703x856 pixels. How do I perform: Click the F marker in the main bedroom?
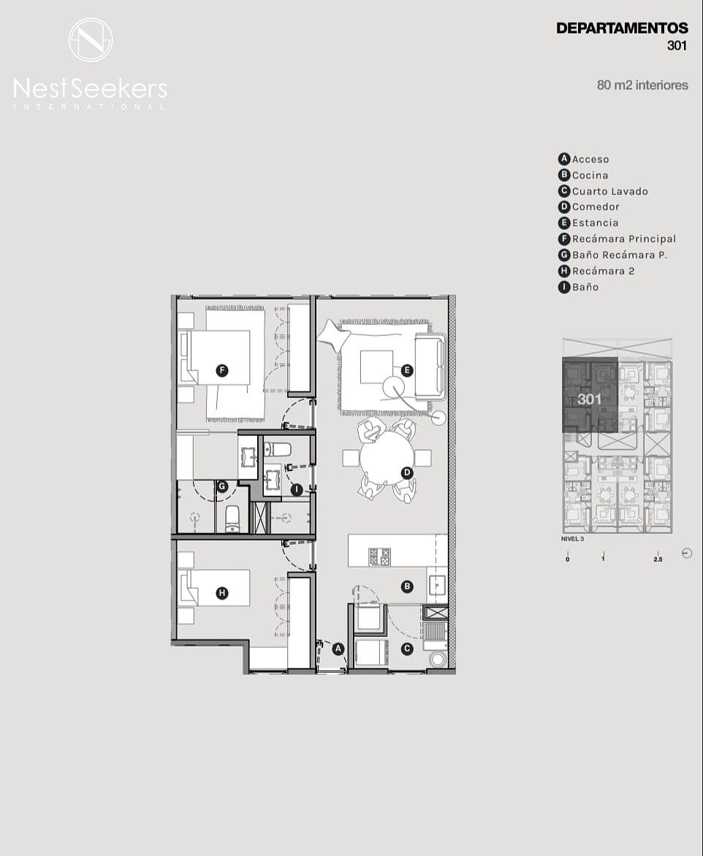tap(221, 371)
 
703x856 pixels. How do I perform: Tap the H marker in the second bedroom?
tap(221, 593)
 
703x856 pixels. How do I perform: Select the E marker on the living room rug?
tap(406, 371)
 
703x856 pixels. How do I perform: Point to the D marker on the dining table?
tap(406, 473)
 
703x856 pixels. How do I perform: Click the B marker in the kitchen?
tap(406, 587)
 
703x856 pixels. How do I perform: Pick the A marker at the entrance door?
tap(338, 649)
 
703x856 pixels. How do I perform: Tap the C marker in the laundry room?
tap(407, 649)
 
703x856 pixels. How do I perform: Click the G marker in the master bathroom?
tap(221, 486)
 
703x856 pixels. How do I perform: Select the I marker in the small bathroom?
tap(296, 489)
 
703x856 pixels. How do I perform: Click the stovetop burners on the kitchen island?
tap(379, 557)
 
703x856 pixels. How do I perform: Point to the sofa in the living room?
tap(431, 367)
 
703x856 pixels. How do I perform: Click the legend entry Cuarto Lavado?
tap(603, 191)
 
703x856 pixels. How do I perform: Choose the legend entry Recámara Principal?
tap(617, 239)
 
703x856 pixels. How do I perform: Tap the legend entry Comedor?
tap(589, 207)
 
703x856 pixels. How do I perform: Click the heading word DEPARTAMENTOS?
tap(622, 28)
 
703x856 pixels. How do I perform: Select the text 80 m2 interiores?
tap(642, 85)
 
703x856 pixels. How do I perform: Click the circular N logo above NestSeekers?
tap(91, 40)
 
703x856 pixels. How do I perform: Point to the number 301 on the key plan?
tap(590, 399)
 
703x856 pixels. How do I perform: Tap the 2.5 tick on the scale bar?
tap(658, 559)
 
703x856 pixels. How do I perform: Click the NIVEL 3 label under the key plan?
tap(572, 539)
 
